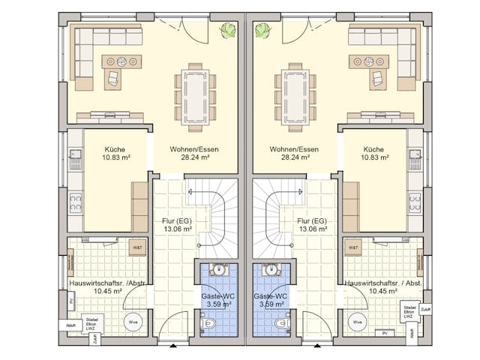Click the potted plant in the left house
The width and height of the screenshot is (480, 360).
click(226, 30)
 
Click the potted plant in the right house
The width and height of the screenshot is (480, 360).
click(263, 30)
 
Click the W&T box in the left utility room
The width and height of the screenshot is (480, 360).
click(137, 247)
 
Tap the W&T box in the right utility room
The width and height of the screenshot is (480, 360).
click(352, 247)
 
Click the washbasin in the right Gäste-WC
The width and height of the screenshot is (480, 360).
click(271, 270)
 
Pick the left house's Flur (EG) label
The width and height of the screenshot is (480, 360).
click(178, 225)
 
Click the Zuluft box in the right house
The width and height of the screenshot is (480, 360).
click(426, 308)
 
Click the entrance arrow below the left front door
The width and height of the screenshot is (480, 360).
click(173, 346)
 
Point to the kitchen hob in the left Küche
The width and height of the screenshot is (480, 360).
click(75, 201)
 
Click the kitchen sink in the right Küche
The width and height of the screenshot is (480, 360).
click(415, 157)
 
